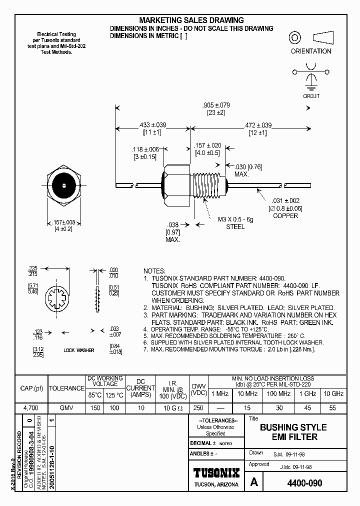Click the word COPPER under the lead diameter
(285, 215)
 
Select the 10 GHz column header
(333, 394)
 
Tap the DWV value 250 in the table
(198, 408)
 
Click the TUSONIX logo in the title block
(216, 473)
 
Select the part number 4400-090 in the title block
(304, 483)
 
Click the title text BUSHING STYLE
(293, 427)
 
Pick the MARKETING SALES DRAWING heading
(191, 20)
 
